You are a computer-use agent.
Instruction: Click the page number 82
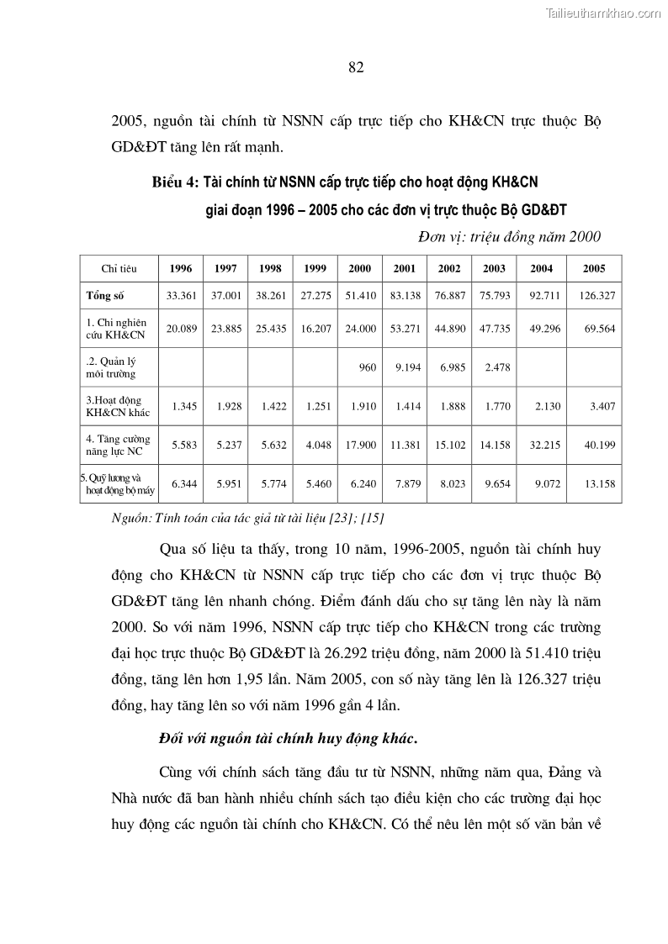tap(355, 68)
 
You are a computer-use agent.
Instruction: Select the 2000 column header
tap(359, 269)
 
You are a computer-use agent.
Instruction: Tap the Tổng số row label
tap(105, 296)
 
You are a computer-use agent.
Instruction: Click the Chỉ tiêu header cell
tap(119, 269)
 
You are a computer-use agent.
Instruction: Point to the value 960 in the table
tap(367, 367)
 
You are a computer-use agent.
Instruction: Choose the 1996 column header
tap(181, 269)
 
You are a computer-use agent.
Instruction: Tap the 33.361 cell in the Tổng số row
tap(181, 296)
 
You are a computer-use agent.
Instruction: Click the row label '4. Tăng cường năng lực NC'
tap(118, 445)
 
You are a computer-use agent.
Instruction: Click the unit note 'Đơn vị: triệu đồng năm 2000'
tap(509, 237)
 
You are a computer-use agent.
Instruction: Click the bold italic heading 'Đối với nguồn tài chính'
tap(288, 738)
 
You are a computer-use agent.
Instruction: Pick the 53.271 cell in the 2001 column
tap(404, 329)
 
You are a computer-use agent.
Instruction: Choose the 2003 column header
tap(494, 269)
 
